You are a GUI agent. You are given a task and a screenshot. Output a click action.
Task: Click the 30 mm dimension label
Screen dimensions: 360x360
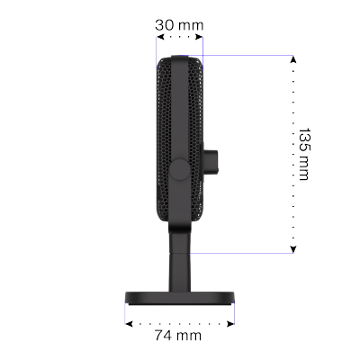pos(179,25)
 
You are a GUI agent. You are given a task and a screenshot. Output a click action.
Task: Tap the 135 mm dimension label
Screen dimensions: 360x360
pos(304,154)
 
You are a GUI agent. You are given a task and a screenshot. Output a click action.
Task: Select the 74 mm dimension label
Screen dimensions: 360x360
pos(178,335)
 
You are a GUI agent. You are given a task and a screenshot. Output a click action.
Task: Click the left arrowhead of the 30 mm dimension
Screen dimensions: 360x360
pos(160,37)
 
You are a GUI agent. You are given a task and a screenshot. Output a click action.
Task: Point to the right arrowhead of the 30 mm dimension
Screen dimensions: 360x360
pos(199,37)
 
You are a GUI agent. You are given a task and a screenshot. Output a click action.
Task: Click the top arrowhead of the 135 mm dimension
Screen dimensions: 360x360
pos(293,59)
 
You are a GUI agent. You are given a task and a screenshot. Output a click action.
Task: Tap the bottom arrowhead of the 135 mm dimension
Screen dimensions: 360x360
pos(293,249)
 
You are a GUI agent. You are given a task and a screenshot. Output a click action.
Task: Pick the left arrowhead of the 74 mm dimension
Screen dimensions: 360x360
pos(129,324)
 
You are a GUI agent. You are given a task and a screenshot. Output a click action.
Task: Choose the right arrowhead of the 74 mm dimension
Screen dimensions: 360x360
pos(230,324)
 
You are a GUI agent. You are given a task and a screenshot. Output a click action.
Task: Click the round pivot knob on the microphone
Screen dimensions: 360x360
pos(179,169)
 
